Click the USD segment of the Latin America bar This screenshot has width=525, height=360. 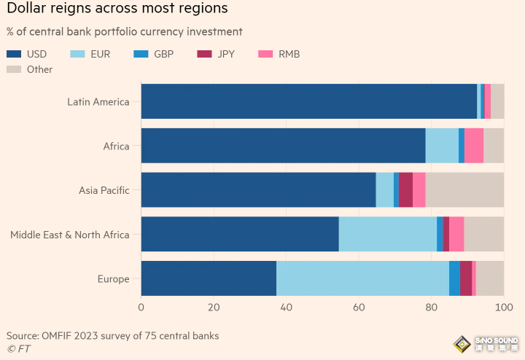click(x=309, y=101)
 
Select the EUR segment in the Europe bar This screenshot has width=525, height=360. click(x=362, y=278)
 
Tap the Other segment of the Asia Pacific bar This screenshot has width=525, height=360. click(x=464, y=189)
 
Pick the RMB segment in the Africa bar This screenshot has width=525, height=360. click(x=474, y=146)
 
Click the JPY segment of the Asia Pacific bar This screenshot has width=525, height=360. click(x=406, y=189)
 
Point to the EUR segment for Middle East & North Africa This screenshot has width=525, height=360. click(x=388, y=234)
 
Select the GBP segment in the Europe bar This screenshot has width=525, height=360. click(x=455, y=278)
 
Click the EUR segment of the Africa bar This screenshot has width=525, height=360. click(x=442, y=146)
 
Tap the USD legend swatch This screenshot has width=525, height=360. click(x=14, y=54)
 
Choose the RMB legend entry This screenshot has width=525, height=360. click(x=279, y=54)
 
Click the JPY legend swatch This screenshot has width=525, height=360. click(x=204, y=54)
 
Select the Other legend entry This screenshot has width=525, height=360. click(x=29, y=69)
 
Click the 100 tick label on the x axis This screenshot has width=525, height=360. click(x=504, y=307)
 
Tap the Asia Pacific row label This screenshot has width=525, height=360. click(x=104, y=190)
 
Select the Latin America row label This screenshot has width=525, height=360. click(x=98, y=102)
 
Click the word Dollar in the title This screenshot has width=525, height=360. click(x=26, y=8)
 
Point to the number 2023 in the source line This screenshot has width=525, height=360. click(x=86, y=335)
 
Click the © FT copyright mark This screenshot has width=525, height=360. click(x=19, y=349)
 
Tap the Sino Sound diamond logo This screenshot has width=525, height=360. click(x=462, y=344)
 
